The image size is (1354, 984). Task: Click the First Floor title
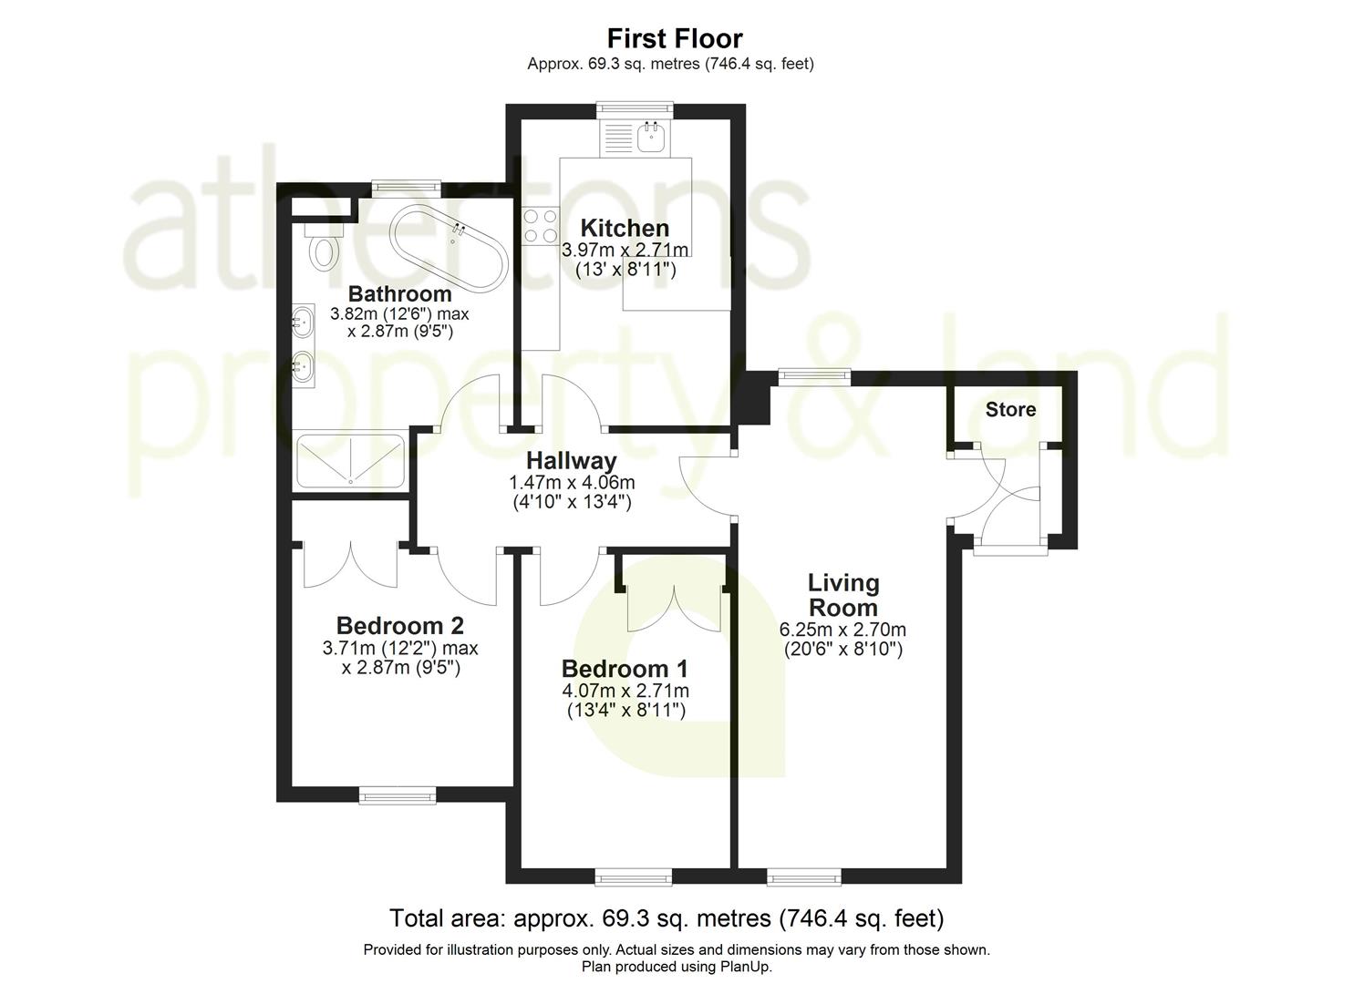pos(675,38)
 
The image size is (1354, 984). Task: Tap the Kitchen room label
pos(625,228)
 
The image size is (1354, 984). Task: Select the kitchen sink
pos(652,139)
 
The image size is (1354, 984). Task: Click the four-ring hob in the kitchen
pos(541,226)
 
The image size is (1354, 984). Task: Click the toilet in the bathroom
pos(322,251)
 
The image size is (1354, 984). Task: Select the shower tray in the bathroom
pos(349,460)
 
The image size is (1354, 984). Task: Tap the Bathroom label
pos(399,293)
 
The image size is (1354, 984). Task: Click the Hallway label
pos(571,461)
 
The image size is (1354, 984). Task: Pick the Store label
pos(1010,409)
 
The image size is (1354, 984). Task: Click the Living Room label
pos(843,595)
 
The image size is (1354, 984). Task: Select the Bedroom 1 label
pos(625,668)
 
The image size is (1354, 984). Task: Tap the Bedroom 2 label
pos(399,626)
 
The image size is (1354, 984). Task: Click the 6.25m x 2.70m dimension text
pos(842,630)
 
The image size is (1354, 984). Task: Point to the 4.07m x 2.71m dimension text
pos(625,691)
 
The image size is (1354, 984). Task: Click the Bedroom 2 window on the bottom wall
pos(398,796)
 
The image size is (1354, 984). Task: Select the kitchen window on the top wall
pos(636,109)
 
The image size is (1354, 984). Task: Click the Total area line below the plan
pos(666,917)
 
